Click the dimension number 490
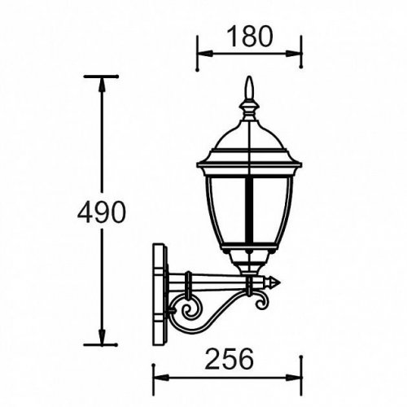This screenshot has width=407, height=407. [102, 212]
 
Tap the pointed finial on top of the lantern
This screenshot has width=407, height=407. [250, 90]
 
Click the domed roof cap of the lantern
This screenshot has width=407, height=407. [250, 134]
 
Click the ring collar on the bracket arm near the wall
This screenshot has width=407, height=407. [187, 282]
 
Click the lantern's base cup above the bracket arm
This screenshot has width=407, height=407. [250, 262]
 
